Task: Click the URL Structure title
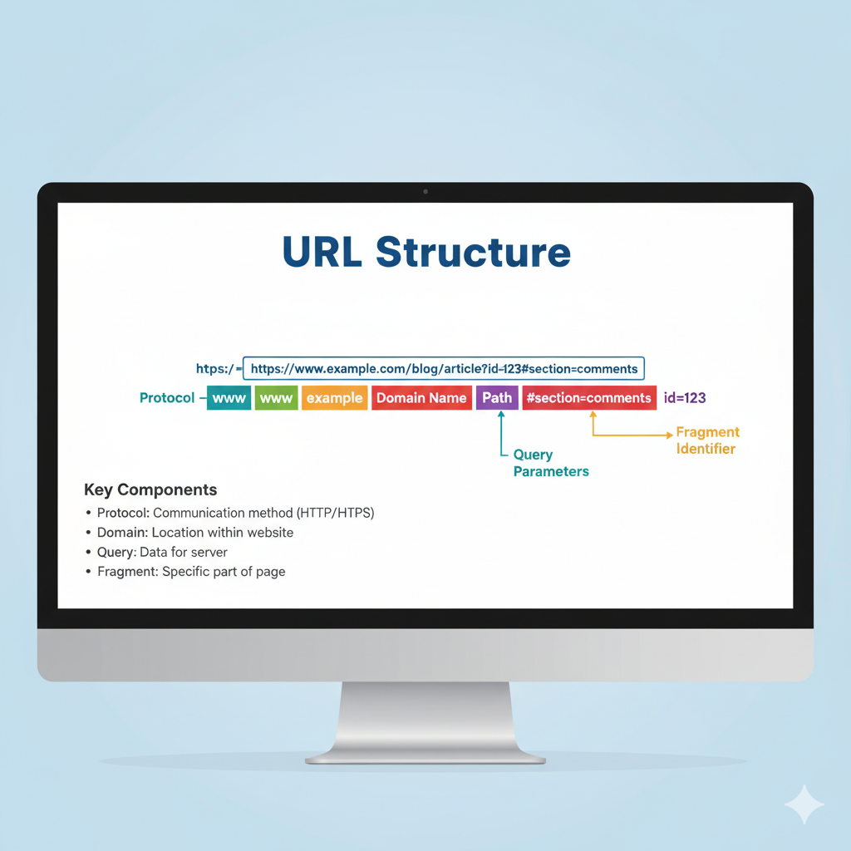click(x=426, y=252)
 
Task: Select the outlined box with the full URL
click(x=443, y=368)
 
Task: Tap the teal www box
click(x=229, y=398)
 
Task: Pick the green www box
click(x=276, y=398)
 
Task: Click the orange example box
click(x=334, y=398)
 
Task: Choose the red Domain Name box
click(x=421, y=398)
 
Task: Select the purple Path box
click(x=497, y=398)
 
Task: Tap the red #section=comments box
click(x=588, y=398)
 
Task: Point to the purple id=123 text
click(x=685, y=398)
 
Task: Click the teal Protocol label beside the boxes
click(x=167, y=398)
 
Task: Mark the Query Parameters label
click(x=550, y=463)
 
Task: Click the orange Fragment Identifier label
click(x=706, y=440)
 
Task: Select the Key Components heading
click(x=150, y=489)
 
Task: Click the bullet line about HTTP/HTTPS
click(x=235, y=513)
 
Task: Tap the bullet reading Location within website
click(x=194, y=532)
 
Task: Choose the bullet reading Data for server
click(x=162, y=552)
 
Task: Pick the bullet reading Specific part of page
click(x=190, y=572)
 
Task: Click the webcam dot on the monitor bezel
click(x=425, y=192)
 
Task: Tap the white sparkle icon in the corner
click(x=804, y=804)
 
